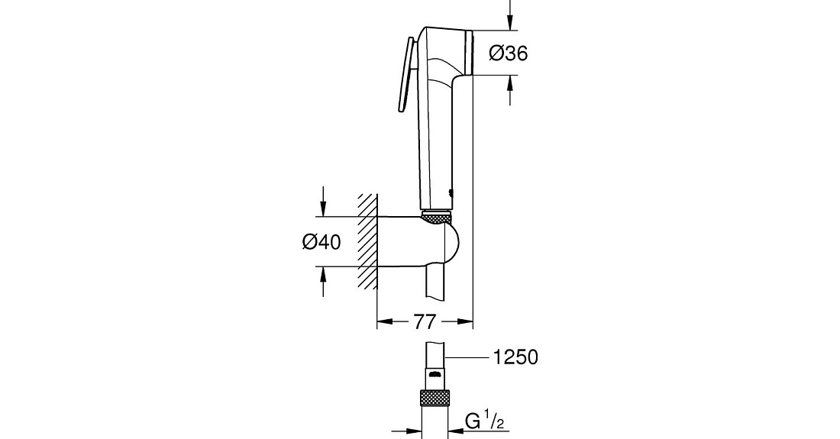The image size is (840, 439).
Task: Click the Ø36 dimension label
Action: [509, 53]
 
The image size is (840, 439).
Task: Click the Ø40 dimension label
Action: [321, 242]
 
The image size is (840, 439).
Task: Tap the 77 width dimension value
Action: [425, 321]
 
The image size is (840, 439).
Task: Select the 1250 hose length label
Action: [515, 357]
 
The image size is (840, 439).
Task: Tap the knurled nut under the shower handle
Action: [437, 217]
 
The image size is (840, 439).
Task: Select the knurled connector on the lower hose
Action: [435, 399]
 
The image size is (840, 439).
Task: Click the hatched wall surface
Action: [368, 241]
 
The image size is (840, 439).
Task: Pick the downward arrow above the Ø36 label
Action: [509, 15]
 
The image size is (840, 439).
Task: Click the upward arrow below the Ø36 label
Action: [509, 90]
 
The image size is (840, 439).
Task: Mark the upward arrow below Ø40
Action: [322, 281]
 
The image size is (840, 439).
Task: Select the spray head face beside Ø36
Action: [470, 53]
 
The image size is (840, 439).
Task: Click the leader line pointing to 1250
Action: [467, 357]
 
